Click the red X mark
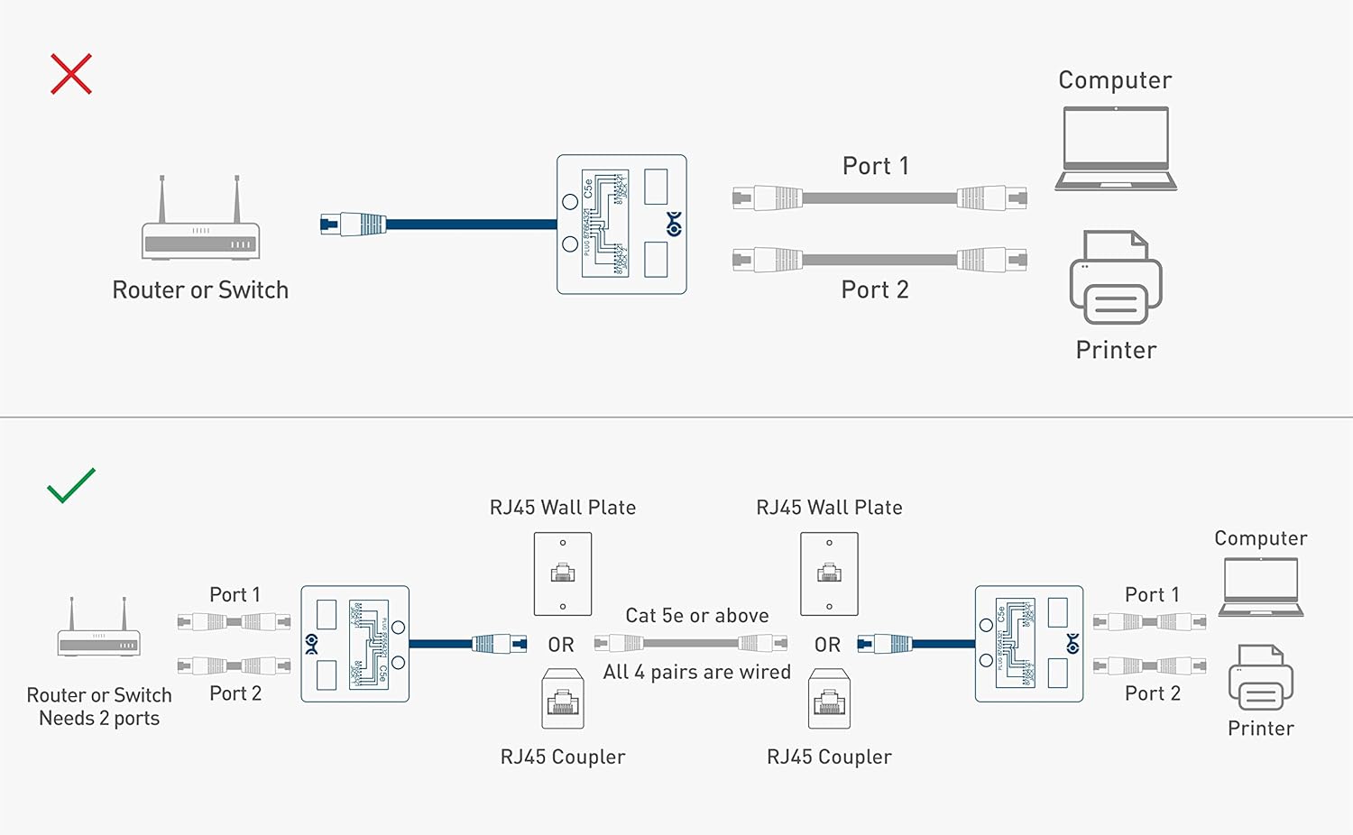tap(71, 74)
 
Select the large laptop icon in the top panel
tap(1116, 149)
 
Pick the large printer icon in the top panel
tap(1116, 278)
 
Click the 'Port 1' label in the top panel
tap(875, 166)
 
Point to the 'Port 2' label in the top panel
tap(875, 289)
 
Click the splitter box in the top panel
tap(621, 225)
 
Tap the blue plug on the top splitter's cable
tap(354, 224)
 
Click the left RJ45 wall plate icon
tap(563, 573)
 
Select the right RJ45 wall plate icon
tap(829, 573)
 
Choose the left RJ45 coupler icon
tap(563, 699)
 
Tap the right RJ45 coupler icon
tap(829, 699)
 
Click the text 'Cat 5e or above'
tap(697, 616)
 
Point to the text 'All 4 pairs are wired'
tap(697, 672)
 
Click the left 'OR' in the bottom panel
tap(561, 645)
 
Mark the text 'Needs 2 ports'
tap(99, 719)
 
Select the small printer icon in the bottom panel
tap(1260, 677)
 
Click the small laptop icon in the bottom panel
tap(1260, 587)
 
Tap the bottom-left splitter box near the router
tap(354, 644)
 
